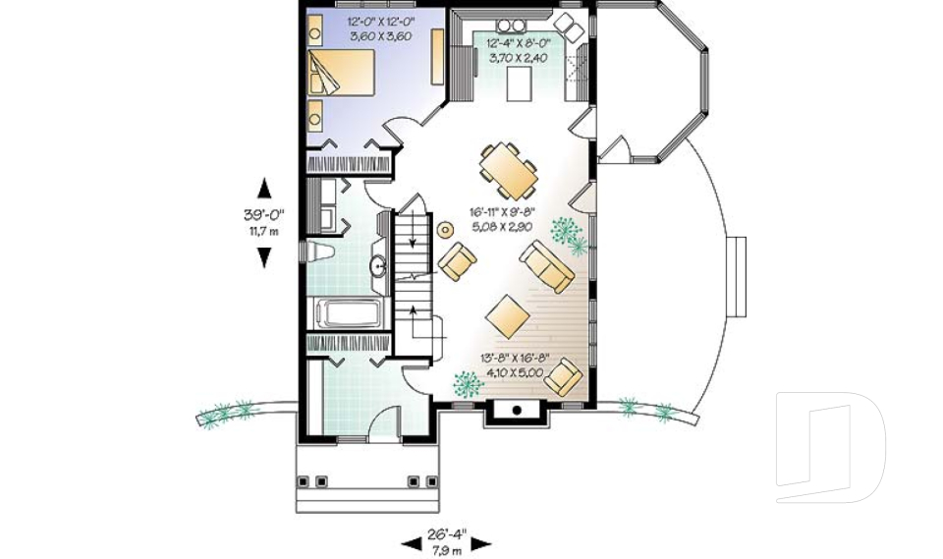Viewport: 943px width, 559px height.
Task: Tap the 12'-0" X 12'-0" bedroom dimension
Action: click(380, 23)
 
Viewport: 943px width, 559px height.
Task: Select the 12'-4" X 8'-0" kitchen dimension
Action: click(518, 43)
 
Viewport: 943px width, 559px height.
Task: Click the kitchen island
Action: click(520, 84)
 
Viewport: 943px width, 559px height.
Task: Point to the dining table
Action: click(508, 171)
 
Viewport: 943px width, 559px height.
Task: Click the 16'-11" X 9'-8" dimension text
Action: click(502, 212)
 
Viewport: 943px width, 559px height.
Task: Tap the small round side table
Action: click(445, 229)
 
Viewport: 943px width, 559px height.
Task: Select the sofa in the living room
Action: click(546, 266)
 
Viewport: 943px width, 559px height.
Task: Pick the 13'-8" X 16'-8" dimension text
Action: click(515, 359)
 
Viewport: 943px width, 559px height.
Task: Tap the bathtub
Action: click(349, 312)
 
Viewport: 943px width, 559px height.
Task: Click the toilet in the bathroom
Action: click(317, 252)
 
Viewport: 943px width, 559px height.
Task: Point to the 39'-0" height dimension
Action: click(263, 214)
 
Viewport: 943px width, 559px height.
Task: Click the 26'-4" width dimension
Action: click(447, 533)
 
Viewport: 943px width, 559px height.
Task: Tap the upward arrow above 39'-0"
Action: click(263, 188)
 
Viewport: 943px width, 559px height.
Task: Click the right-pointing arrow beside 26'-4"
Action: click(481, 544)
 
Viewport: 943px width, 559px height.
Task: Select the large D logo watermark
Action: click(831, 447)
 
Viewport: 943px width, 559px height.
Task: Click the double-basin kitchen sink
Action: click(510, 26)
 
